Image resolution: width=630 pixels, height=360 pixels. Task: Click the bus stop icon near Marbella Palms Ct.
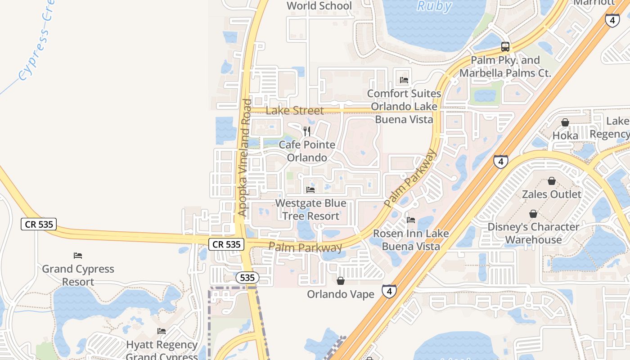(505, 46)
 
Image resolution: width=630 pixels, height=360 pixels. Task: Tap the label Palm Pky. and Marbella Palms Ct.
(505, 66)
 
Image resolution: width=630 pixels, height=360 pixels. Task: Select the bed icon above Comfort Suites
(404, 80)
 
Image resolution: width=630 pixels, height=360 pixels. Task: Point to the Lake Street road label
(294, 110)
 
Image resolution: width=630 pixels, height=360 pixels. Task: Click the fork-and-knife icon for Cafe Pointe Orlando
(307, 131)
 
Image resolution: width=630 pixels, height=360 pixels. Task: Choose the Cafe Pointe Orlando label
(307, 151)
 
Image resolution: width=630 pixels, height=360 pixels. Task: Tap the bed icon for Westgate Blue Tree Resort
(310, 190)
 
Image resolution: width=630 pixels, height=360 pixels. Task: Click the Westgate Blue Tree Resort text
(310, 210)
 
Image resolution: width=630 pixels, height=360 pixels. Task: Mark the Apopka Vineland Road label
(244, 157)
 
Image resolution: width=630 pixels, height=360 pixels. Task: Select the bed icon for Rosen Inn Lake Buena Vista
(411, 220)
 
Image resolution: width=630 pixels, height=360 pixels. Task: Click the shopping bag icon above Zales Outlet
(552, 181)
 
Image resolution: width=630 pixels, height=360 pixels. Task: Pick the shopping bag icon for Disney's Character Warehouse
(533, 213)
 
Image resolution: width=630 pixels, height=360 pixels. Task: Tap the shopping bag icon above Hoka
(565, 122)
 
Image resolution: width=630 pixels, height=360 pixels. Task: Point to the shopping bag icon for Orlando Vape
(341, 281)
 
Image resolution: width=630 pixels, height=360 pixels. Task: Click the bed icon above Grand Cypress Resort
(78, 256)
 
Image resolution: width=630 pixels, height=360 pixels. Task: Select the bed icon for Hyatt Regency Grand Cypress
(162, 331)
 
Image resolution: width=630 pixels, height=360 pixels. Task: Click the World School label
(319, 6)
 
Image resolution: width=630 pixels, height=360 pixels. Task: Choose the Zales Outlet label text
(552, 194)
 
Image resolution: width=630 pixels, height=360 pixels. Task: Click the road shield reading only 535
(247, 278)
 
